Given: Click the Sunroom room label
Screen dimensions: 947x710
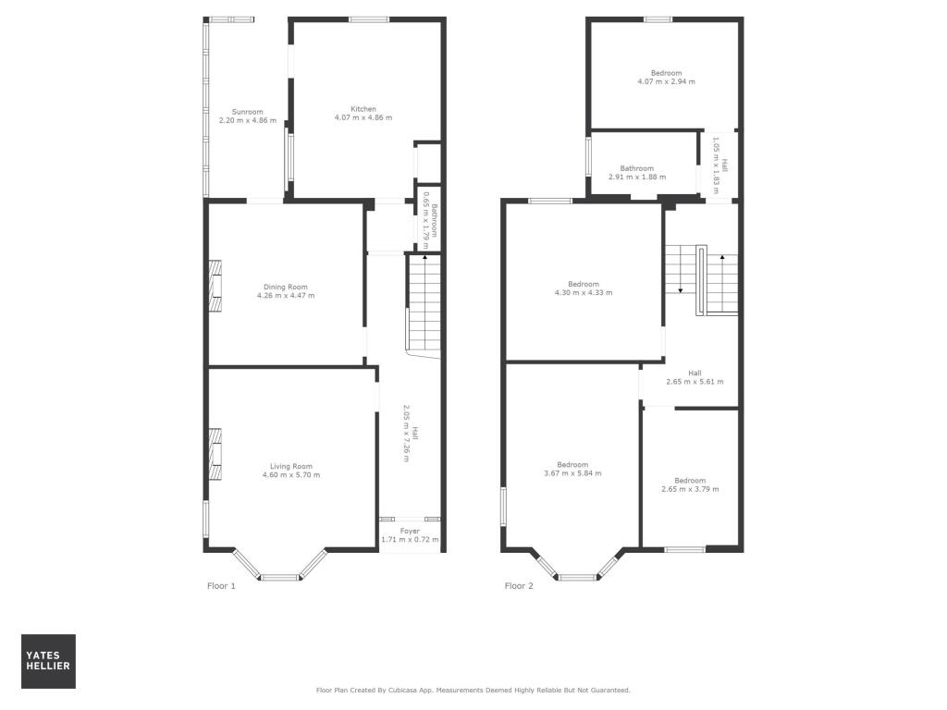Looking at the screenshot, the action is tap(248, 112).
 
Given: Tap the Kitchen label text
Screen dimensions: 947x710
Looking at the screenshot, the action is tap(363, 109).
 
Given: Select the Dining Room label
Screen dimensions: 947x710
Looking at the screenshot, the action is tap(286, 287).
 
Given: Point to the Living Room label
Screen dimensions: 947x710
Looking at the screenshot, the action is tap(291, 466).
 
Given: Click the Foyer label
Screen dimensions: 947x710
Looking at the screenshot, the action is tap(410, 532).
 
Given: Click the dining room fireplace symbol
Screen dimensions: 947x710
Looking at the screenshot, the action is tap(215, 287).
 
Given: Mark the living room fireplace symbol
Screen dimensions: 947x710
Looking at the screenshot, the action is tap(215, 454).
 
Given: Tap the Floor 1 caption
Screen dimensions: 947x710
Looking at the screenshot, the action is tap(221, 585).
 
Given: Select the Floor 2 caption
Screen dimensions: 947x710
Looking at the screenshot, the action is tap(519, 585).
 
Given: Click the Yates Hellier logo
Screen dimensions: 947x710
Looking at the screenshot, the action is tap(48, 661).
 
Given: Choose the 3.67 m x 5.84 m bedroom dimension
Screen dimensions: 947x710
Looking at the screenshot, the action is tap(572, 473).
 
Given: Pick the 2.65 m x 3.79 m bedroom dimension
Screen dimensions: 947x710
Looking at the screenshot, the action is tap(690, 489).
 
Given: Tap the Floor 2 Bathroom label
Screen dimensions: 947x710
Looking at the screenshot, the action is tap(636, 168).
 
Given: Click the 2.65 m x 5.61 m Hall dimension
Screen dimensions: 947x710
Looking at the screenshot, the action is tap(695, 382).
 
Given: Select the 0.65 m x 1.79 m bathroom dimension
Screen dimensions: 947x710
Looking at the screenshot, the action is tap(425, 220).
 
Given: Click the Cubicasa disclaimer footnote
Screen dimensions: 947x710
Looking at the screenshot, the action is tap(473, 690).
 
